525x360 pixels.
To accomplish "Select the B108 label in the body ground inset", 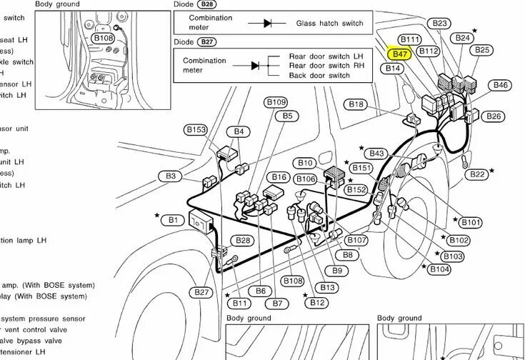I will click(104, 38).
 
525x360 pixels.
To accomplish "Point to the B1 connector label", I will click(173, 220).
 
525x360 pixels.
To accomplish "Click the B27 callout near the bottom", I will click(202, 292).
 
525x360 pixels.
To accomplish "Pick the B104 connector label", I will click(440, 269).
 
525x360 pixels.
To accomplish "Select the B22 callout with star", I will click(478, 174).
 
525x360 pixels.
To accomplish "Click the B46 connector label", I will click(501, 85).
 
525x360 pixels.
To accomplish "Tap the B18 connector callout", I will click(356, 104).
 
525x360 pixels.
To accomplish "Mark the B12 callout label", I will click(318, 303).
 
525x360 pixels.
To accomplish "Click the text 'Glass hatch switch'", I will click(329, 23).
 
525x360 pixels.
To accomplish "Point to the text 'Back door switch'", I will click(319, 75).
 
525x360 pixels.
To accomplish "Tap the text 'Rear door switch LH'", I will click(326, 55).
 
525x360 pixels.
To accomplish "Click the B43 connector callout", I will click(376, 154).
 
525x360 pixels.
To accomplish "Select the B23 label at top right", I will click(441, 24).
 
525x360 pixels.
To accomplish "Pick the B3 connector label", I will click(171, 176).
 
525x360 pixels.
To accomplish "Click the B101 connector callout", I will click(471, 222).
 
